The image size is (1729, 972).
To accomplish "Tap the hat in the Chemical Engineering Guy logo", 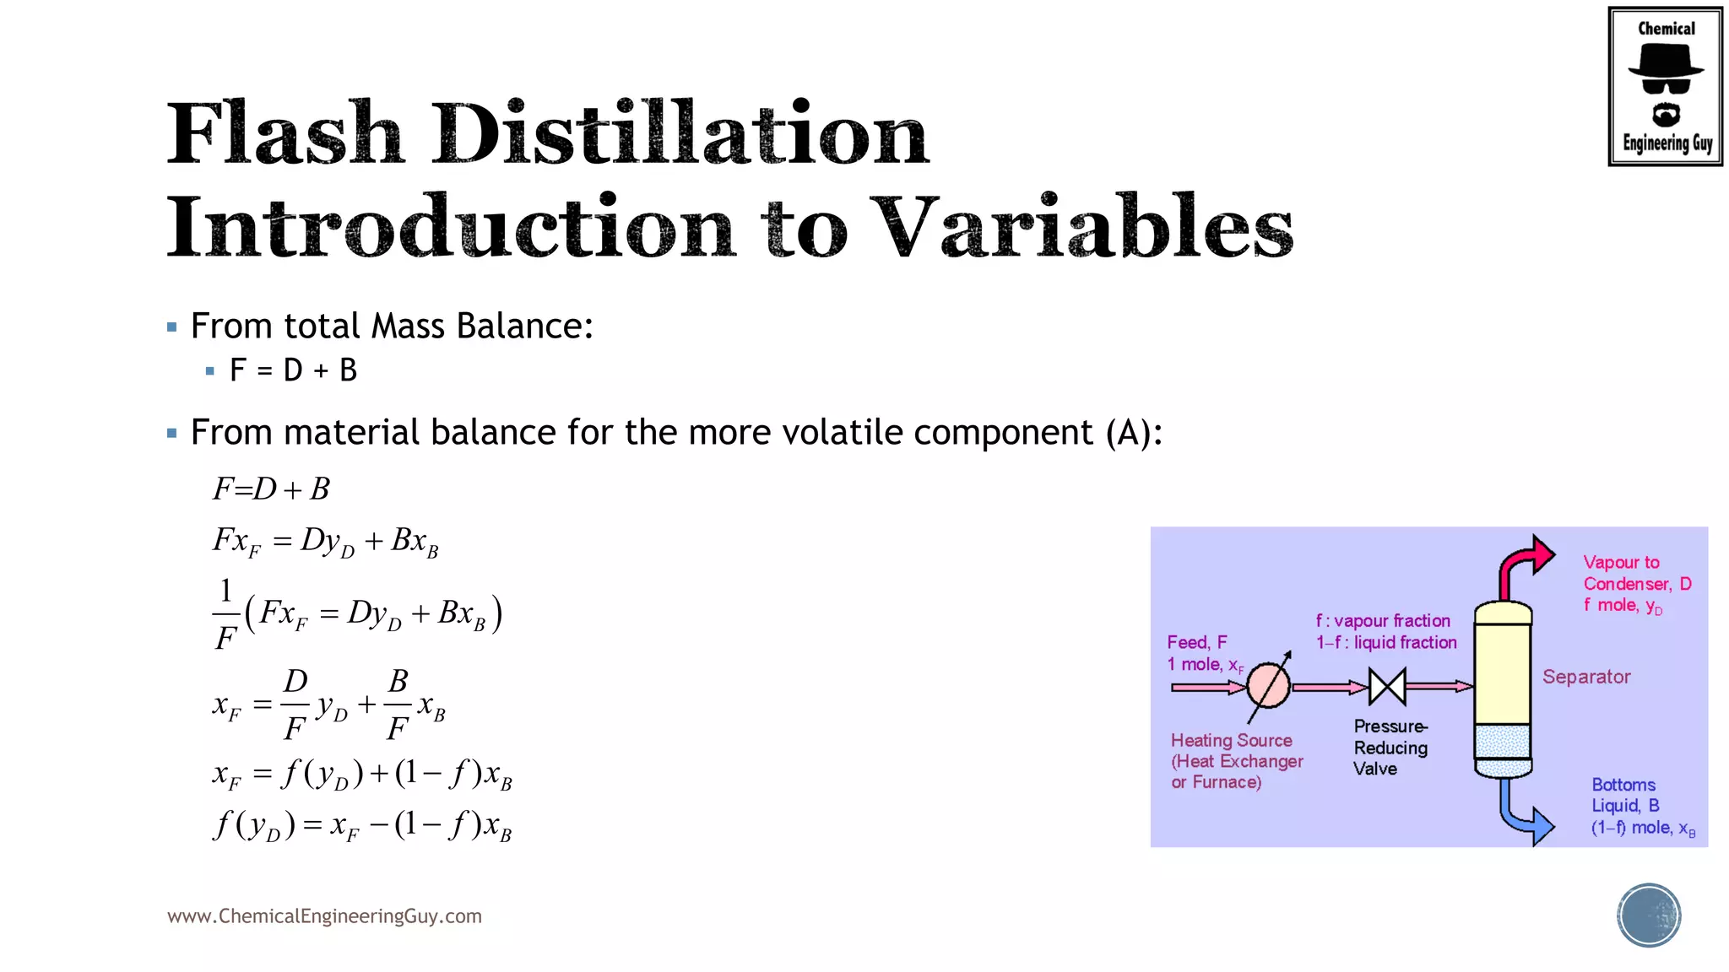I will tap(1665, 61).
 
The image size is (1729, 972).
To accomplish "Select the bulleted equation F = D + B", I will tap(293, 370).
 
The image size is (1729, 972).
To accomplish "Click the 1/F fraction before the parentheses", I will tap(225, 613).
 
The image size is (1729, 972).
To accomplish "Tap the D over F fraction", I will tap(295, 704).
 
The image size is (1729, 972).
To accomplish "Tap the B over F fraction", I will tap(398, 704).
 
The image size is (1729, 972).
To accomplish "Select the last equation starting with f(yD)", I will tap(361, 825).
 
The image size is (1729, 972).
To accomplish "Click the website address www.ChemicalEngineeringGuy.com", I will tap(324, 916).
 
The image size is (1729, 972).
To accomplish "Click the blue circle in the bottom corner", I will tap(1649, 915).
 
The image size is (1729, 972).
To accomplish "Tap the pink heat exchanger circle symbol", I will tap(1268, 685).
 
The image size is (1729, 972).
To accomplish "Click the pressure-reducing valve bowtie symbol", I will tap(1387, 686).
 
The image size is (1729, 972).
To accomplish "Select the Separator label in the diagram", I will tap(1585, 677).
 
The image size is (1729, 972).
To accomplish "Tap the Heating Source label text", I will tap(1231, 741).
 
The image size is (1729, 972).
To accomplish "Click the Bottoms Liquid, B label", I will tap(1624, 795).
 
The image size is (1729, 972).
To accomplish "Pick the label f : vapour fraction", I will tap(1383, 621).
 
